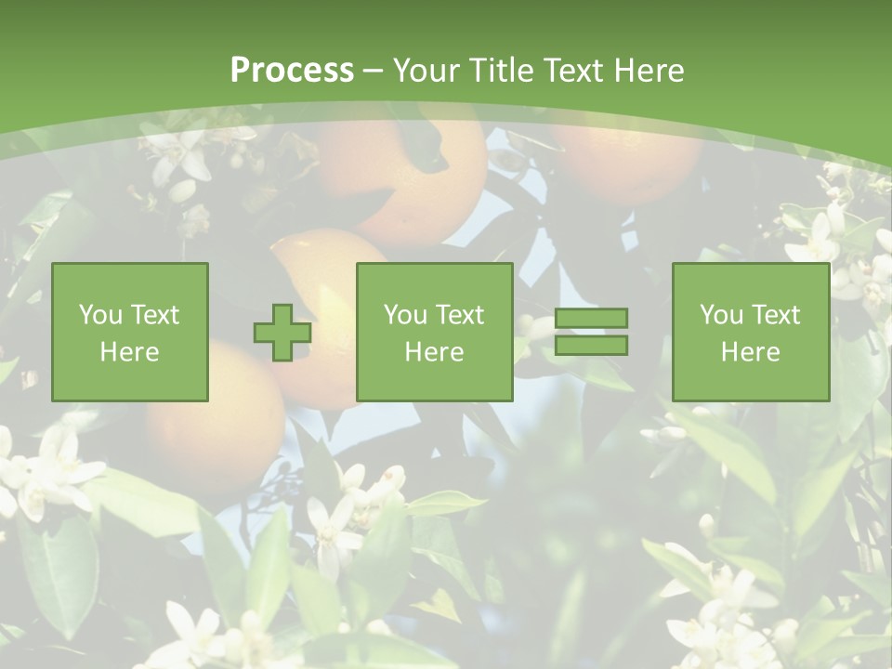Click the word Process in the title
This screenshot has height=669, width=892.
tap(292, 70)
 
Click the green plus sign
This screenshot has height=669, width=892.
tap(282, 332)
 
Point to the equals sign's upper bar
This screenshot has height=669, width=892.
tap(591, 319)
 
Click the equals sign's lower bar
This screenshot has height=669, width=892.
tap(591, 345)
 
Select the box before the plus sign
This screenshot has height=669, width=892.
tap(129, 332)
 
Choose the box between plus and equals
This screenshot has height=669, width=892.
tap(434, 332)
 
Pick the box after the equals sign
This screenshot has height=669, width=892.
tap(750, 332)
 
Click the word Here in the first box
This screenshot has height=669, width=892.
tap(129, 351)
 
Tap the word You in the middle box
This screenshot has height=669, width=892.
tap(406, 315)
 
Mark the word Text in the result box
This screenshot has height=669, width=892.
tap(776, 315)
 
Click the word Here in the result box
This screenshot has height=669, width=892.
tap(750, 351)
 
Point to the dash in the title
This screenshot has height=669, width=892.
tap(374, 71)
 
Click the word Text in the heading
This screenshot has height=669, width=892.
tap(571, 71)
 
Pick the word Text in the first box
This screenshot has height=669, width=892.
tap(155, 315)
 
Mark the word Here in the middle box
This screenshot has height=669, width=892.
tap(434, 351)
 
